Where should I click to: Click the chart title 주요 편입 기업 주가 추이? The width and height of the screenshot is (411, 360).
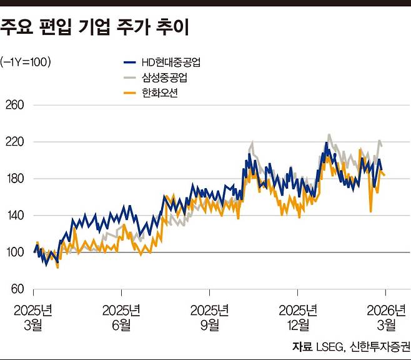tap(95, 27)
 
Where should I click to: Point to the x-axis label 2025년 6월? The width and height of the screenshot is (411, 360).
tap(121, 317)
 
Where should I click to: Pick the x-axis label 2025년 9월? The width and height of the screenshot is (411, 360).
tap(209, 317)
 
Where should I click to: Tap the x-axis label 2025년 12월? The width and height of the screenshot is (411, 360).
tap(299, 317)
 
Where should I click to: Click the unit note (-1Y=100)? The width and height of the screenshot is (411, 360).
tap(26, 61)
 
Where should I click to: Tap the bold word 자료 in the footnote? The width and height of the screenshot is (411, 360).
tap(302, 346)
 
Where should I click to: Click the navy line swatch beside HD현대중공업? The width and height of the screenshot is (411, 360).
tap(129, 62)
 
